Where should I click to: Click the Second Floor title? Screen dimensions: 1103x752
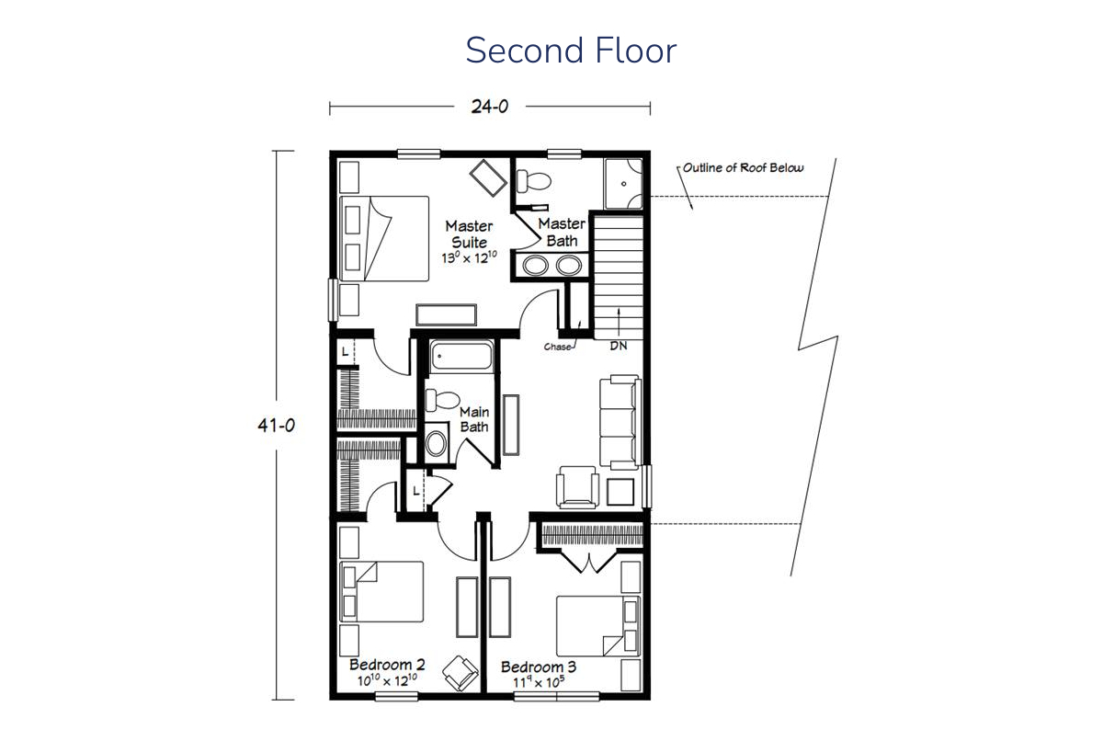(x=571, y=51)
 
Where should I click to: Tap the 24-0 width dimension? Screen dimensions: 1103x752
(x=489, y=107)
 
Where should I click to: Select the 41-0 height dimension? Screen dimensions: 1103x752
(x=277, y=425)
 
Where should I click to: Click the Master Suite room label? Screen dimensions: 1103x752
(x=470, y=234)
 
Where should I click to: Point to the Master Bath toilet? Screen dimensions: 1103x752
(x=533, y=181)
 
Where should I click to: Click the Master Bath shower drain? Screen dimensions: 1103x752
(x=623, y=184)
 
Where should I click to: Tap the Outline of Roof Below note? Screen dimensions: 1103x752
(x=743, y=168)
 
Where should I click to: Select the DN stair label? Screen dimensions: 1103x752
(x=619, y=347)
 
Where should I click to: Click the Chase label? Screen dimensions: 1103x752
(x=557, y=347)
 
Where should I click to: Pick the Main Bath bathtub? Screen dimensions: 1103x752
(x=461, y=356)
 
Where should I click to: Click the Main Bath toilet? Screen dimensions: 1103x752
(x=442, y=400)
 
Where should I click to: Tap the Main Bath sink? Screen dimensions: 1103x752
(x=437, y=443)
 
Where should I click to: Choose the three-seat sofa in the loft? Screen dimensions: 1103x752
(x=620, y=422)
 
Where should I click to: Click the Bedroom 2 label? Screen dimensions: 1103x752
(x=387, y=665)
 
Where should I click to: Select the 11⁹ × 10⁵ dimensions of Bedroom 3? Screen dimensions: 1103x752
(x=539, y=682)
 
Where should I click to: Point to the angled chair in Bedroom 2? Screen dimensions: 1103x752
(x=461, y=673)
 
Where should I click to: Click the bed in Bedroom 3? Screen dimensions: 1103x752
(x=598, y=626)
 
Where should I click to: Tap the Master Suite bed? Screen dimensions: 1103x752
(x=384, y=239)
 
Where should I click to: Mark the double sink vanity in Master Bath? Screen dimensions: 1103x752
(x=552, y=266)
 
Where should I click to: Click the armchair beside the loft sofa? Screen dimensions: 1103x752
(x=577, y=486)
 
